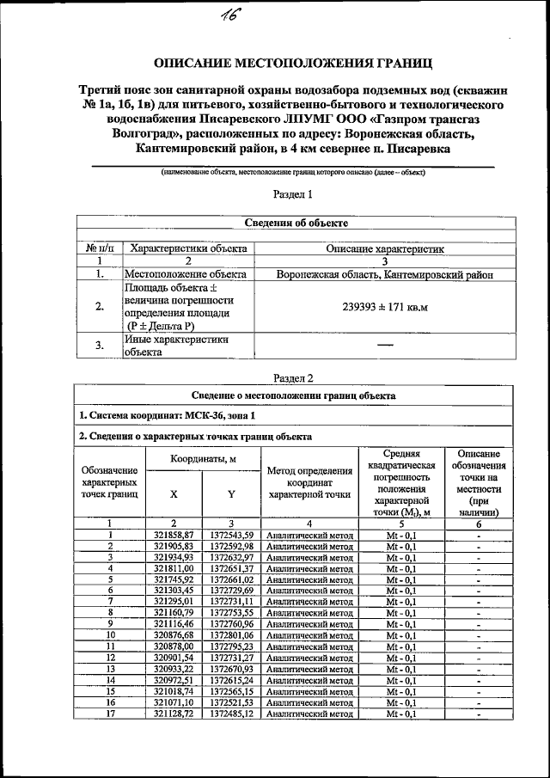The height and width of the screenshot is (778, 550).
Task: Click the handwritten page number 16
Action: (x=230, y=16)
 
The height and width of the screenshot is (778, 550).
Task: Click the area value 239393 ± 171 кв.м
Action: (x=384, y=306)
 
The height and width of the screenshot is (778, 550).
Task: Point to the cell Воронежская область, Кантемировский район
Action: (x=384, y=275)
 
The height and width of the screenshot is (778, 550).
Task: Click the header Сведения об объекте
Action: (x=296, y=223)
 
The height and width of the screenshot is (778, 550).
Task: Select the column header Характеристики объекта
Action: (x=187, y=248)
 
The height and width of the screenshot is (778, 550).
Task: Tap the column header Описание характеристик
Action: (x=384, y=248)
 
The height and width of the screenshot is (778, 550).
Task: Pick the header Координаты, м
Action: (x=203, y=460)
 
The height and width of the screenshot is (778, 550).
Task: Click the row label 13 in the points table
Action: (x=110, y=669)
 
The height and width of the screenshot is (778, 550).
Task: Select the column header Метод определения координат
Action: (x=309, y=482)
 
